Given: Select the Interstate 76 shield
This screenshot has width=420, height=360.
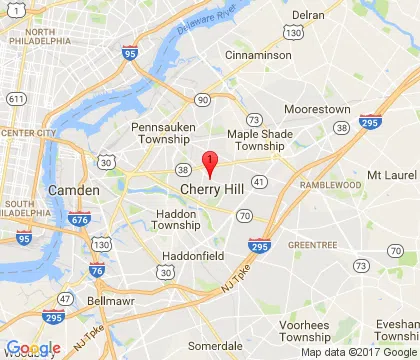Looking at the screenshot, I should point(97,269).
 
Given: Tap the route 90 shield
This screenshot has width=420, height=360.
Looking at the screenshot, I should point(202,99).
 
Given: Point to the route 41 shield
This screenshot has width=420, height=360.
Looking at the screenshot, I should point(258,182).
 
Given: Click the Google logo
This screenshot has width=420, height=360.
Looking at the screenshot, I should point(33,348).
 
